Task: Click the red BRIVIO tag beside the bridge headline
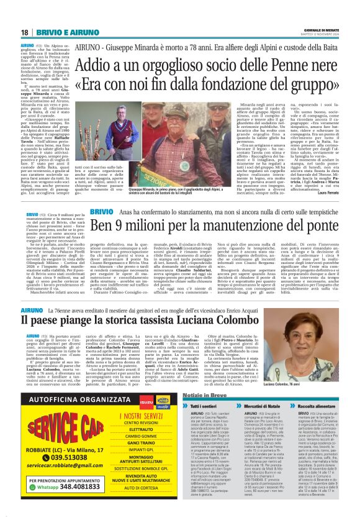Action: [101, 212]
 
